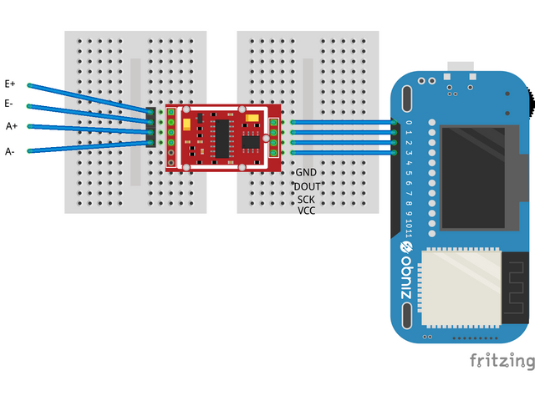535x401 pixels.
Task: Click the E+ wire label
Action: [x=10, y=84]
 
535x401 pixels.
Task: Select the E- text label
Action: [x=8, y=104]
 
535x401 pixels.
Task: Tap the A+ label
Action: [x=12, y=126]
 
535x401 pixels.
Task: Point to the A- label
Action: [x=10, y=151]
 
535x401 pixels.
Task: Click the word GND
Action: [x=305, y=172]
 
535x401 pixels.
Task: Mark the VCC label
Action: [x=306, y=211]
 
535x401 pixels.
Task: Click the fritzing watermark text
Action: [x=501, y=361]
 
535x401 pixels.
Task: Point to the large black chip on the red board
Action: [x=222, y=137]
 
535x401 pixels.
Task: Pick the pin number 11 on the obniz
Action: [x=409, y=230]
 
